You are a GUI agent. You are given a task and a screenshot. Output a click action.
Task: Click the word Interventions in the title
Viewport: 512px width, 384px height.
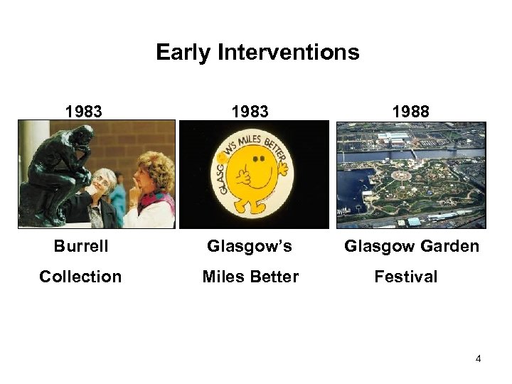coord(289,53)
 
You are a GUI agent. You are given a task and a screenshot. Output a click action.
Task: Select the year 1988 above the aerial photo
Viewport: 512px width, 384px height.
coord(411,112)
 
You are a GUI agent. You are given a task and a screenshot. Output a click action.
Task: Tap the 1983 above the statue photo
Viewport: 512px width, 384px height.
coord(83,112)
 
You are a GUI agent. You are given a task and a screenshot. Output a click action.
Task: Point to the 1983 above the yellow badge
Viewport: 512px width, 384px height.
coord(250,112)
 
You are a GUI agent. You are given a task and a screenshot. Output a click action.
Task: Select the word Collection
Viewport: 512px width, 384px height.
coord(80,277)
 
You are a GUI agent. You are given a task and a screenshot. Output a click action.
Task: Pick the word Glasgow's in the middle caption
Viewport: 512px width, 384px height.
coord(250,246)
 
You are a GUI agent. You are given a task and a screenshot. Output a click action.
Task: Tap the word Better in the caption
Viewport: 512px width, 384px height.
coord(274,277)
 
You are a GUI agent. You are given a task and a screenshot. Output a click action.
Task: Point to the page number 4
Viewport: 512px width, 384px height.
coord(479,358)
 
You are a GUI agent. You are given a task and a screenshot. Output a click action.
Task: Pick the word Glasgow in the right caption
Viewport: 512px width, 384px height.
coord(376,246)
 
